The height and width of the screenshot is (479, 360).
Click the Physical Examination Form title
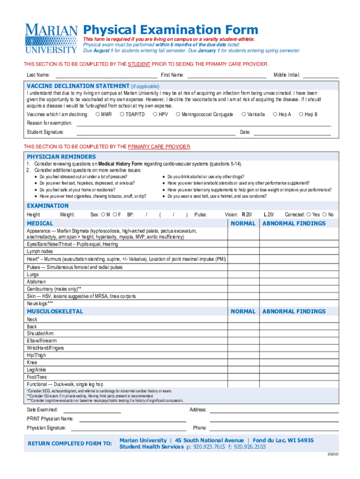170,30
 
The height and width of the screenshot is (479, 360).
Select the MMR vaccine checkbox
97,114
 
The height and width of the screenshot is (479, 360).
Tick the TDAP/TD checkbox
122,114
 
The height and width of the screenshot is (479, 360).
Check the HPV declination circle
155,114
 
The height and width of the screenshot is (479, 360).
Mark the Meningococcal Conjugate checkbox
178,114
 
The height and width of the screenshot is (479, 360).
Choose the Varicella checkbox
244,114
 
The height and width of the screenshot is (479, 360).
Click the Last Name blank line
106,75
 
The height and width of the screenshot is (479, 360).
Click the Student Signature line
156,132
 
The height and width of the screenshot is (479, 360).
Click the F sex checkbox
114,214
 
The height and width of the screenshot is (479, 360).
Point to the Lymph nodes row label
40,251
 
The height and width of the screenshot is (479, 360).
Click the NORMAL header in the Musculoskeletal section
243,311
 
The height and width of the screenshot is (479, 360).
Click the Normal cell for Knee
243,363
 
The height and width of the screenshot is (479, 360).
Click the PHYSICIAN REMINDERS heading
61,157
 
